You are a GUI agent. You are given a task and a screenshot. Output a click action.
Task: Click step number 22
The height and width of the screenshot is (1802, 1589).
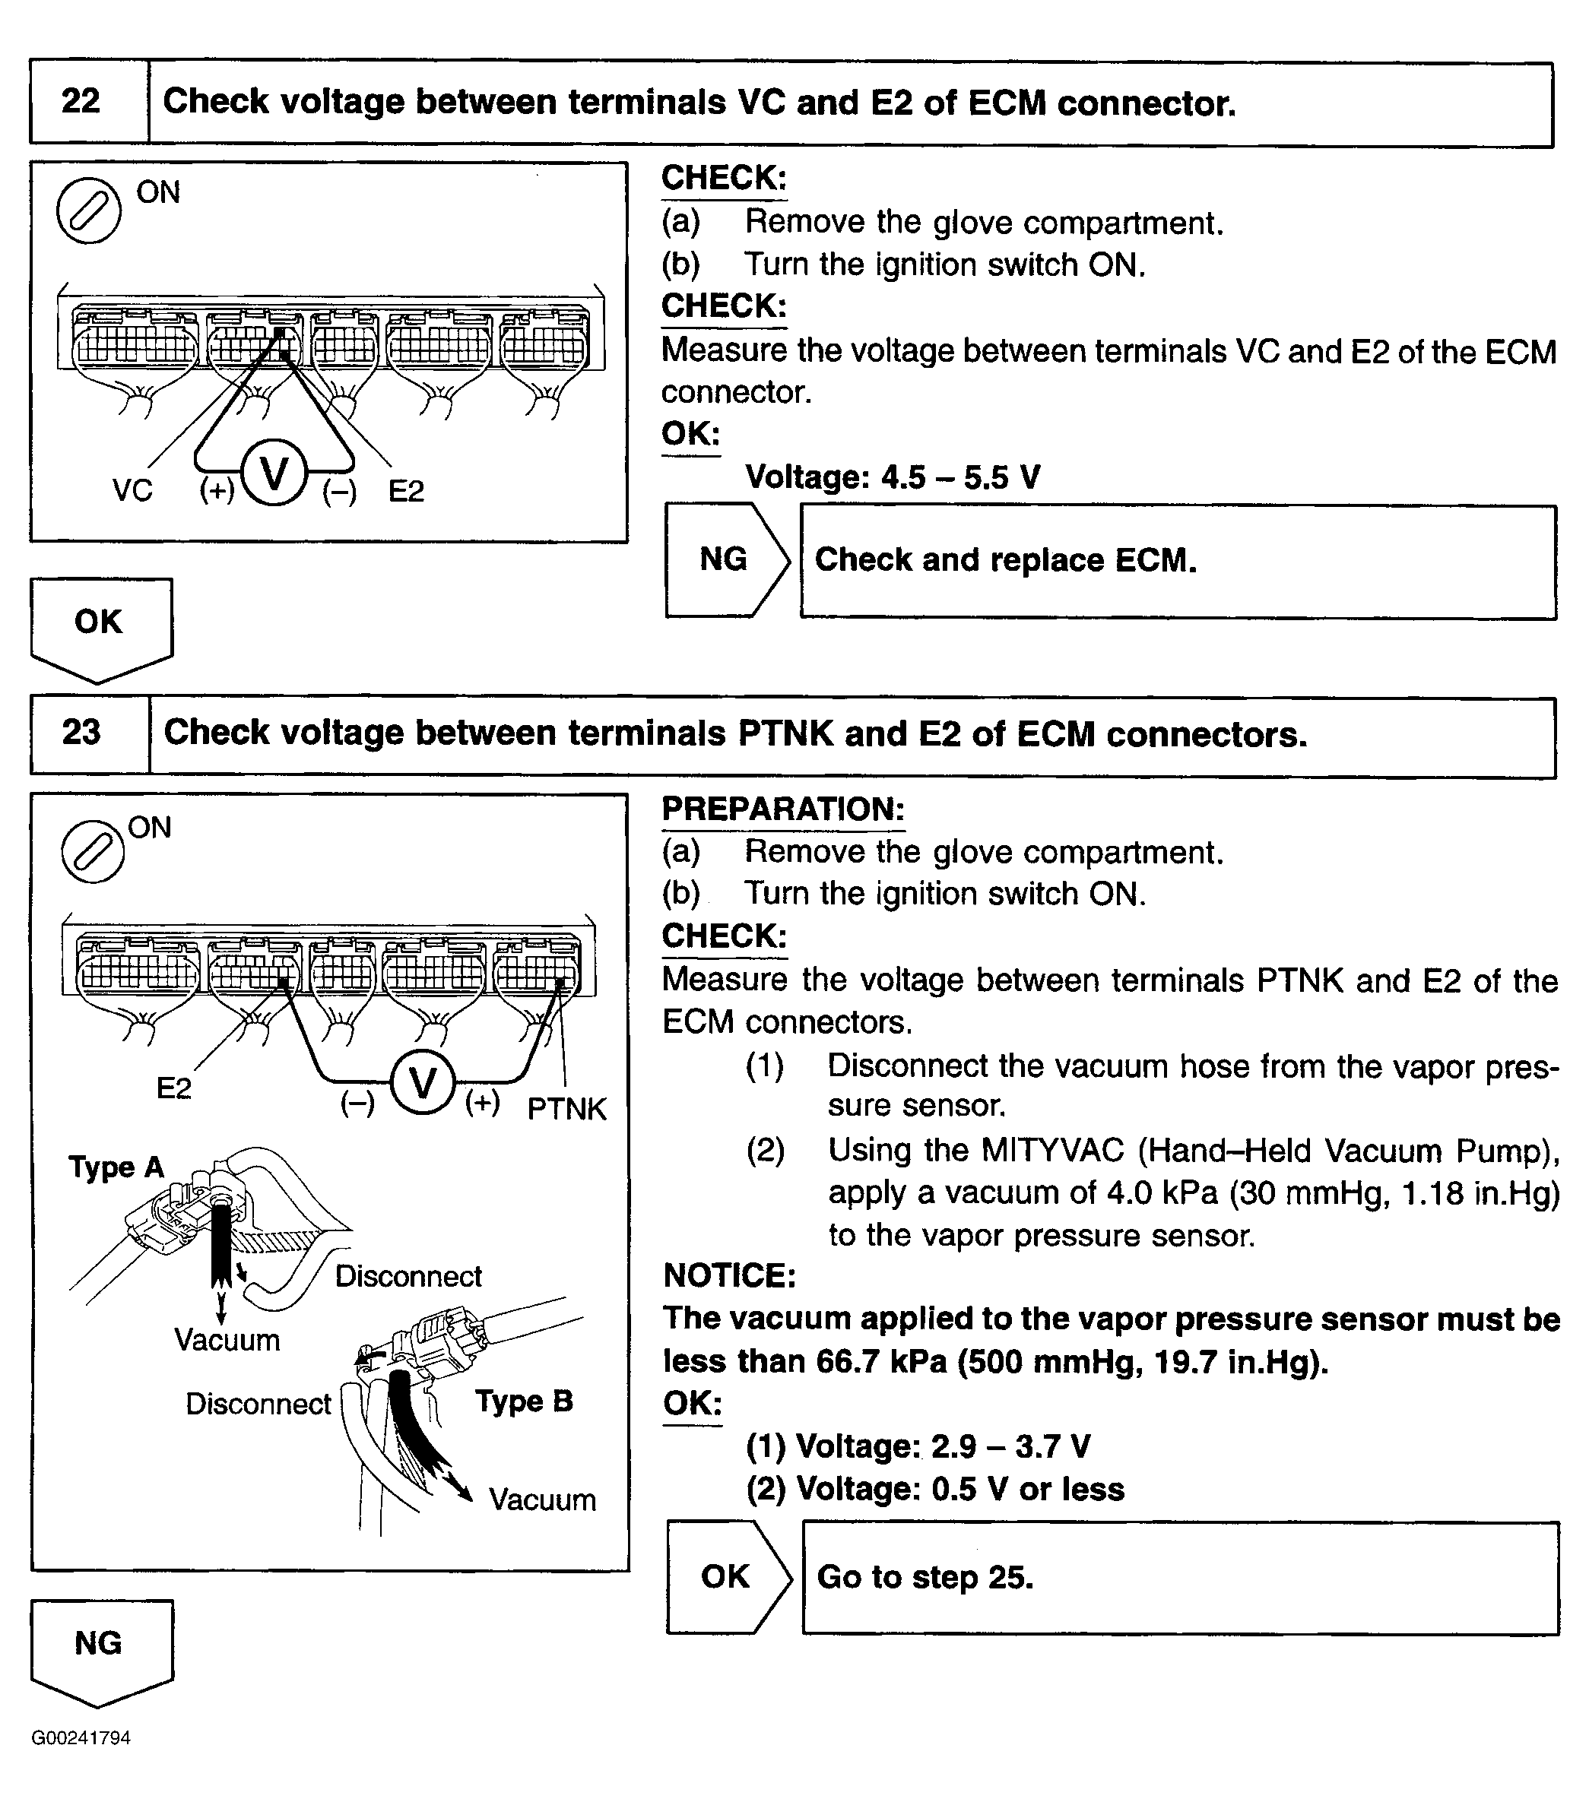click(x=81, y=101)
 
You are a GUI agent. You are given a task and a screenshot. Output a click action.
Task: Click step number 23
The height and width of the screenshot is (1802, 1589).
click(x=81, y=733)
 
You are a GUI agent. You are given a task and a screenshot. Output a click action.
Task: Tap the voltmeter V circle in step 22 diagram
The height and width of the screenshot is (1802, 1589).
click(x=274, y=473)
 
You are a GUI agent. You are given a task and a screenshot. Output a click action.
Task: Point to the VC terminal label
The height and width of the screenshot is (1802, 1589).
click(x=132, y=490)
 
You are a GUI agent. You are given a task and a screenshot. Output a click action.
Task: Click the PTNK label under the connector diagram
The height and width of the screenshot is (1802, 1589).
click(x=566, y=1108)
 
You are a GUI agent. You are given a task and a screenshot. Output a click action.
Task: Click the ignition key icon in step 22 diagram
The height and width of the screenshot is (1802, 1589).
click(x=88, y=210)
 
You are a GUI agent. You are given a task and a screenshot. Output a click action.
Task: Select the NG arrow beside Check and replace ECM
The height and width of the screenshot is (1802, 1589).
click(x=725, y=560)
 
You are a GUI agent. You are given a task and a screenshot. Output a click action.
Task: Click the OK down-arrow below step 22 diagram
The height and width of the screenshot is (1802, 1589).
click(x=100, y=624)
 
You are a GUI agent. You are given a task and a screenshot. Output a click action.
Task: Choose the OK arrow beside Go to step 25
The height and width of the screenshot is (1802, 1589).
click(x=727, y=1577)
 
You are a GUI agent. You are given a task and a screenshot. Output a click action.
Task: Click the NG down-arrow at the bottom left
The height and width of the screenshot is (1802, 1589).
click(x=100, y=1645)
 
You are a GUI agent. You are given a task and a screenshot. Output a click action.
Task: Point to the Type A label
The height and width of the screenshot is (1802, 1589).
click(x=116, y=1167)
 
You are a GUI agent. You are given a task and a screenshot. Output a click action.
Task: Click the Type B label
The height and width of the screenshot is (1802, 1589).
click(x=524, y=1401)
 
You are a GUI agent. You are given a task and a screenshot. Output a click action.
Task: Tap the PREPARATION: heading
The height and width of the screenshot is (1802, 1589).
click(x=783, y=809)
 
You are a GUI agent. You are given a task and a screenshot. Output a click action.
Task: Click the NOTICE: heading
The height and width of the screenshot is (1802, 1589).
click(x=729, y=1275)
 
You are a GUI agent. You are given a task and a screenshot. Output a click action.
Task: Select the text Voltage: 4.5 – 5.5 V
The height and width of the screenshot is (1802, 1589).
click(x=893, y=477)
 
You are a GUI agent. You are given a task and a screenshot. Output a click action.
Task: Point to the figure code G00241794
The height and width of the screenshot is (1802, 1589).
click(x=81, y=1737)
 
